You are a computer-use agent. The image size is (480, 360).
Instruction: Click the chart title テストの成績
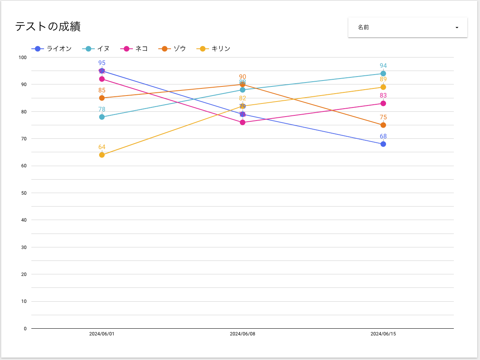click(x=48, y=27)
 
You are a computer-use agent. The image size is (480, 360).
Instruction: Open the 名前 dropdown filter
click(x=407, y=27)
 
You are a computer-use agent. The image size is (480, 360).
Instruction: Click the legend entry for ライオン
click(x=52, y=49)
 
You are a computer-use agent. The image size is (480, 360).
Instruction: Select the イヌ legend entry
click(x=96, y=49)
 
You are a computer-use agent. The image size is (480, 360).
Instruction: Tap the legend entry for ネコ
click(x=134, y=49)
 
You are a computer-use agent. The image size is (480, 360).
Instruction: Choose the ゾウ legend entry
click(x=173, y=49)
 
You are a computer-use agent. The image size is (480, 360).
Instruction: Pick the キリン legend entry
click(x=214, y=49)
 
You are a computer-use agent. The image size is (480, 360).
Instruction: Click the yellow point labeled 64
click(x=102, y=155)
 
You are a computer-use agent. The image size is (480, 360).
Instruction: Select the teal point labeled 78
click(x=102, y=117)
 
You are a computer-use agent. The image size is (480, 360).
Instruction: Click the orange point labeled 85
click(x=102, y=98)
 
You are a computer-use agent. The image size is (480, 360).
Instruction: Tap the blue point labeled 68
click(x=383, y=144)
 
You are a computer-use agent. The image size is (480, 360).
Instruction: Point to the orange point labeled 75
click(x=383, y=125)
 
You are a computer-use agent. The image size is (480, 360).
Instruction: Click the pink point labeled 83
click(x=383, y=103)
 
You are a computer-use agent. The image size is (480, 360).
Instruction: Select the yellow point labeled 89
click(x=383, y=87)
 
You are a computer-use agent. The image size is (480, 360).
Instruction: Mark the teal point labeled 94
click(x=383, y=74)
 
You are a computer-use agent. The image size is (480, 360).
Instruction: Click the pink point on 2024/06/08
click(x=242, y=123)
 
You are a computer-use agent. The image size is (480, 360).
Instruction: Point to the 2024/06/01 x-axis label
click(x=102, y=334)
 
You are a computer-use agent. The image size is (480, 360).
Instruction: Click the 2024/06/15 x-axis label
click(x=383, y=334)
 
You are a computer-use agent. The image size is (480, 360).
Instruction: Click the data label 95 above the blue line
click(x=102, y=63)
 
